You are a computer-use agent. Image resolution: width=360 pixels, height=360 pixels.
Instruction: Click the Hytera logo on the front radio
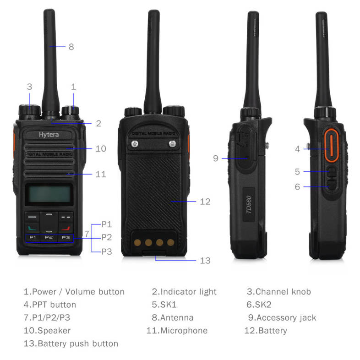coord(49,135)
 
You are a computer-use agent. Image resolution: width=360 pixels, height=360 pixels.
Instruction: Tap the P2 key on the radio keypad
coord(49,237)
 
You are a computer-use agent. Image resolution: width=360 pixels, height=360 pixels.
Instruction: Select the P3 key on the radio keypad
coord(65,237)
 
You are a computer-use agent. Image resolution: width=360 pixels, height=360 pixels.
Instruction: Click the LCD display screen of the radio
coord(49,194)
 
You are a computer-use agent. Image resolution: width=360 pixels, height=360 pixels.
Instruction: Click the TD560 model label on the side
coord(249,204)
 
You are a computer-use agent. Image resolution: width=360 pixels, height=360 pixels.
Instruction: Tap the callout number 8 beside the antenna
coord(71,47)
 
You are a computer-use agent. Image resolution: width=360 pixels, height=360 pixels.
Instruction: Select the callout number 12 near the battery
coord(205,202)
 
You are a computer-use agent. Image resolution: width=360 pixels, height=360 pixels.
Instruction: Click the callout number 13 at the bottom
coord(205,261)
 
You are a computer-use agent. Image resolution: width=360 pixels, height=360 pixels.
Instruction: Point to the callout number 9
coord(215,158)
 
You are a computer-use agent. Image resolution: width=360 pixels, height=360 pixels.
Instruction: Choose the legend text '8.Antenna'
coord(172,318)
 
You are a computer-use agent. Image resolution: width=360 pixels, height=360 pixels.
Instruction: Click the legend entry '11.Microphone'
coord(177,331)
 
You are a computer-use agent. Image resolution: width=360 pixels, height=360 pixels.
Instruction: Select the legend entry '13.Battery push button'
coord(71,344)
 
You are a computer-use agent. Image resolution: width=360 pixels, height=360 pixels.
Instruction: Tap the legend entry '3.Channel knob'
coord(279,292)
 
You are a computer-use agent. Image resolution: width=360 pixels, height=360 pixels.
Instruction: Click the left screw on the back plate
coord(135,144)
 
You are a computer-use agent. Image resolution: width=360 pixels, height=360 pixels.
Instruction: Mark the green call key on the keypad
coord(32,228)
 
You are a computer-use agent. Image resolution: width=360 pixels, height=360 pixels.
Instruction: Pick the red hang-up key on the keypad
coord(65,228)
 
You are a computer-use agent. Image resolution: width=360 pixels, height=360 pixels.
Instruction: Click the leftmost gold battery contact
coord(137,242)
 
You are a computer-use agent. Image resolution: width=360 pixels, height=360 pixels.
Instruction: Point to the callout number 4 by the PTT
coord(297,149)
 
